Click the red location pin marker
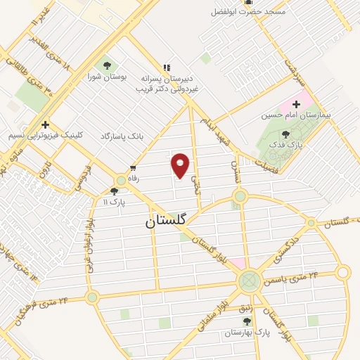tap(181, 165)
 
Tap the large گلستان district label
tap(166, 221)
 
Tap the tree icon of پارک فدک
tap(285, 133)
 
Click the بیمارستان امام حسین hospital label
tap(296, 114)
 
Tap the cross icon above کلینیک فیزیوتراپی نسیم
tap(44, 124)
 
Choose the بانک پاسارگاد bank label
tap(122, 135)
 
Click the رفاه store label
tap(133, 179)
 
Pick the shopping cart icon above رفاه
tap(132, 168)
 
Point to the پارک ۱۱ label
tap(113, 202)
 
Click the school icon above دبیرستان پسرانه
tap(167, 67)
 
